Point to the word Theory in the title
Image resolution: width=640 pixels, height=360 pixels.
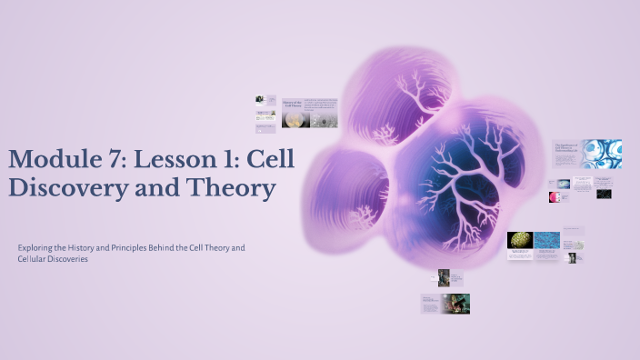click(x=233, y=188)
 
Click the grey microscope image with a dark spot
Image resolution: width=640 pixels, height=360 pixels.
click(x=324, y=120)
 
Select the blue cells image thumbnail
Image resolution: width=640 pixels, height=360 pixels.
click(x=602, y=154)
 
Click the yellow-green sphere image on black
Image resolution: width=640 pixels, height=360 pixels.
click(x=519, y=240)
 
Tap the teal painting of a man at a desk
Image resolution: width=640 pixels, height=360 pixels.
click(x=457, y=304)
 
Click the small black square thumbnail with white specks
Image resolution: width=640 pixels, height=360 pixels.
click(x=604, y=193)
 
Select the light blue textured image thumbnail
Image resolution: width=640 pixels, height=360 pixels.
click(x=546, y=240)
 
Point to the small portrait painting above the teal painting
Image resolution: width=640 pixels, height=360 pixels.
click(x=444, y=277)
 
